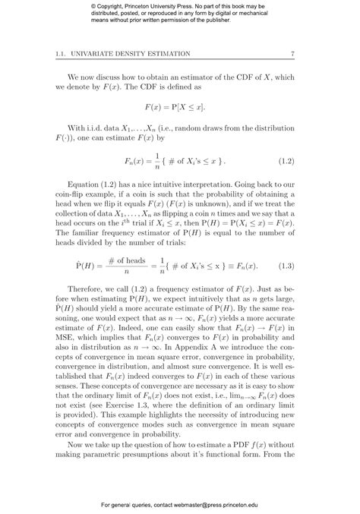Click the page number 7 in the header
tap(293, 52)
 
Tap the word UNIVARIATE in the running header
tap(106, 52)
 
